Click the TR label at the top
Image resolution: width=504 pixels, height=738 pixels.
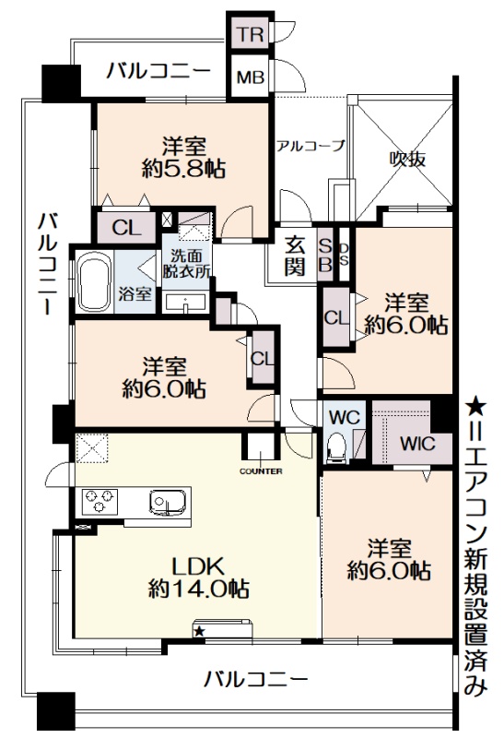(x=249, y=34)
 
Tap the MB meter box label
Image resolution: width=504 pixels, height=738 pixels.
(x=250, y=77)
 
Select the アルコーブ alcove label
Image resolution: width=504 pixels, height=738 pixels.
(x=311, y=146)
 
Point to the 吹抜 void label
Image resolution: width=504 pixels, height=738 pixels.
(x=407, y=160)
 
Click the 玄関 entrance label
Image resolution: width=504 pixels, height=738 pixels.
(x=295, y=256)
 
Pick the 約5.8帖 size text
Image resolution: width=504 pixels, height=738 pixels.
(x=183, y=168)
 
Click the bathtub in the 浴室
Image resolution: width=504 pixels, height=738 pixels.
(x=95, y=282)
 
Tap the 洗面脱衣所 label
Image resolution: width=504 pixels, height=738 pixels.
(x=186, y=264)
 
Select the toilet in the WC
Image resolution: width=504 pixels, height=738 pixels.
(x=337, y=446)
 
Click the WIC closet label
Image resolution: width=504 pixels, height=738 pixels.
(x=417, y=444)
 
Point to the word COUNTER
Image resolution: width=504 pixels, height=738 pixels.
(x=261, y=471)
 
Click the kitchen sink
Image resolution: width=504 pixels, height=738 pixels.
(x=168, y=502)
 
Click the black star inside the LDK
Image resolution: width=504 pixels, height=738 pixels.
(x=199, y=631)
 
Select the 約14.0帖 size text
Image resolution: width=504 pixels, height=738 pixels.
(x=198, y=589)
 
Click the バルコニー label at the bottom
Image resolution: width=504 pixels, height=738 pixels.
(x=255, y=679)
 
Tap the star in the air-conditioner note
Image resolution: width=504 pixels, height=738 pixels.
(x=475, y=404)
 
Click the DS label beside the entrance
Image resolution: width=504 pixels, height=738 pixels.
(x=345, y=255)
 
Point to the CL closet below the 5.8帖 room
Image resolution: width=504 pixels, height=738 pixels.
(x=126, y=229)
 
